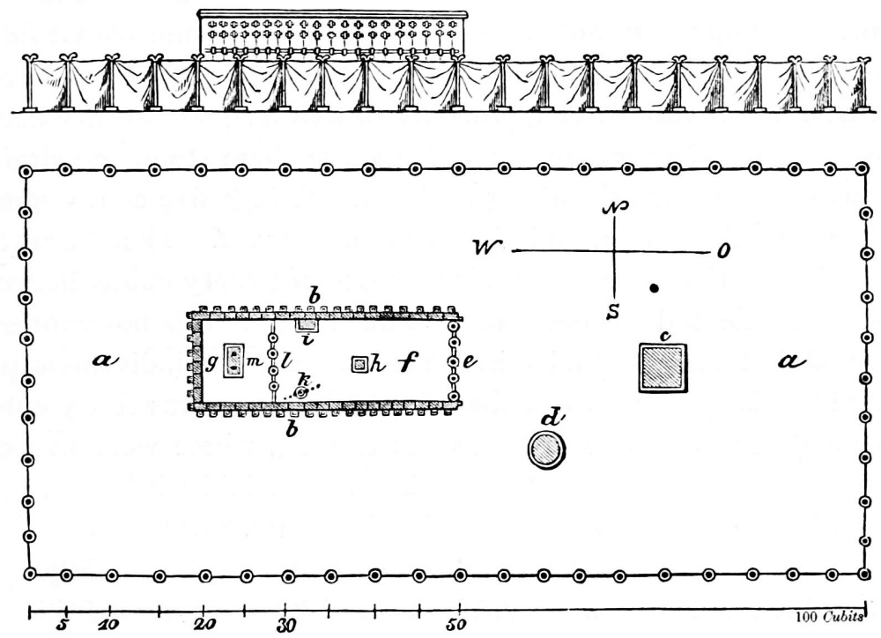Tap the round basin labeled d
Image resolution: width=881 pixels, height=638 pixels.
coord(546,450)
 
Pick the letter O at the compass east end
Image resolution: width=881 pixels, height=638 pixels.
coord(724,252)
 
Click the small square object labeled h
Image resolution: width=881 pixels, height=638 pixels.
coord(359,364)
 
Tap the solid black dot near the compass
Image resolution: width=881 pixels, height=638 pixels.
coord(654,287)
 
